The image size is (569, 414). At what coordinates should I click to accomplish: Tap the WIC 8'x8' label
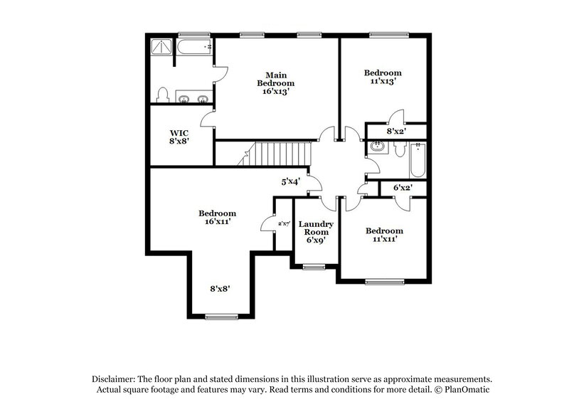[x=179, y=137]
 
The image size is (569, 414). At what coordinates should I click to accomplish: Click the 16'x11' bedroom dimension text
[x=217, y=222]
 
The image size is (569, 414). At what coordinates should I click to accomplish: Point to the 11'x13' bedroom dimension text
[x=383, y=81]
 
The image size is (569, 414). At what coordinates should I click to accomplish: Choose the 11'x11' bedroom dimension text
[x=384, y=239]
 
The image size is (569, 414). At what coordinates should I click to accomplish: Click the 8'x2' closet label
[x=396, y=132]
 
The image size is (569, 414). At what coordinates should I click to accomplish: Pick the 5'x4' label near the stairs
[x=290, y=182]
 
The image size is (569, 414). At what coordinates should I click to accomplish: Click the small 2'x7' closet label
[x=283, y=223]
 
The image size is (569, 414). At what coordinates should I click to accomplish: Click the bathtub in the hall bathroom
[x=418, y=157]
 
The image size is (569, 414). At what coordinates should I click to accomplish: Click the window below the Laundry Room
[x=313, y=267]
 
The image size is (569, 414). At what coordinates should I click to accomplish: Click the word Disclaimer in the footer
[x=114, y=380]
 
